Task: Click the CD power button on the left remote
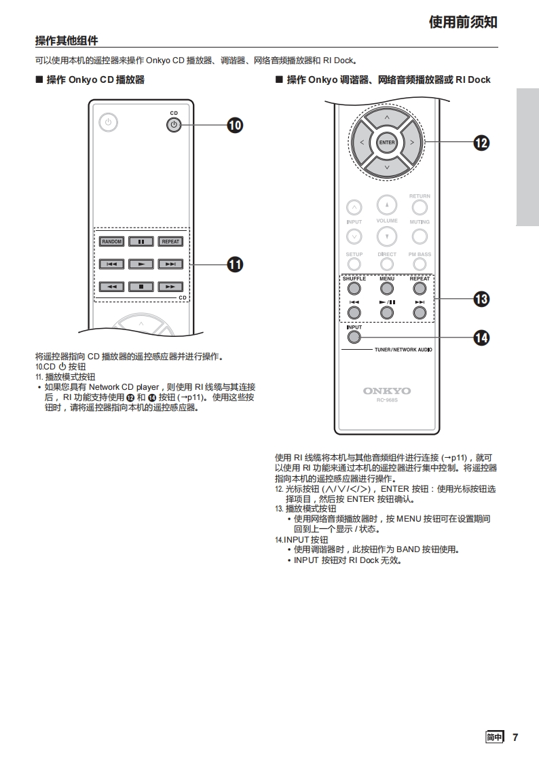click(174, 124)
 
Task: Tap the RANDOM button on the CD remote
click(112, 241)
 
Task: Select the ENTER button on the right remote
click(387, 142)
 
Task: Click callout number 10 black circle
click(235, 125)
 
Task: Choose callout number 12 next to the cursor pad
click(481, 142)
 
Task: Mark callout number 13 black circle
click(481, 299)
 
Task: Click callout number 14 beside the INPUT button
click(481, 338)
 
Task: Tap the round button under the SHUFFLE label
click(354, 288)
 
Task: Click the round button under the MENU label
click(387, 288)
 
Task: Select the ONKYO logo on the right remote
click(387, 391)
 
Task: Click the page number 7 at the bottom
click(515, 738)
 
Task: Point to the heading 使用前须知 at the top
click(463, 22)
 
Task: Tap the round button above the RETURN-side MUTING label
click(420, 207)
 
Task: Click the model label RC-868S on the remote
click(387, 400)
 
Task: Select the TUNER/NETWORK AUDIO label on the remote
click(403, 350)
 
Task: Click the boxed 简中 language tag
click(495, 738)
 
